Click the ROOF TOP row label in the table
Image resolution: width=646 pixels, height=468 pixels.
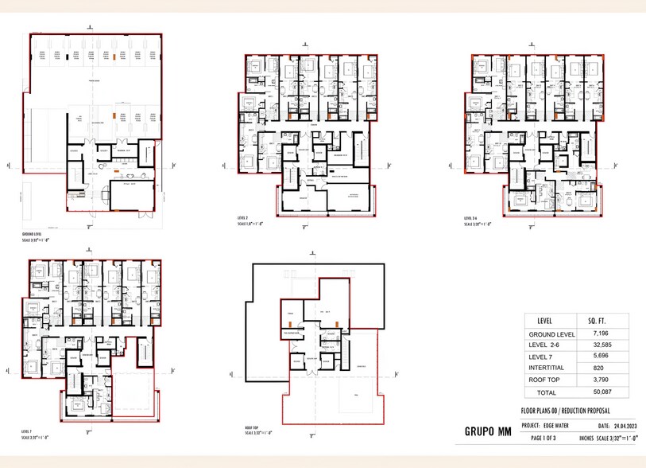(551, 380)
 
